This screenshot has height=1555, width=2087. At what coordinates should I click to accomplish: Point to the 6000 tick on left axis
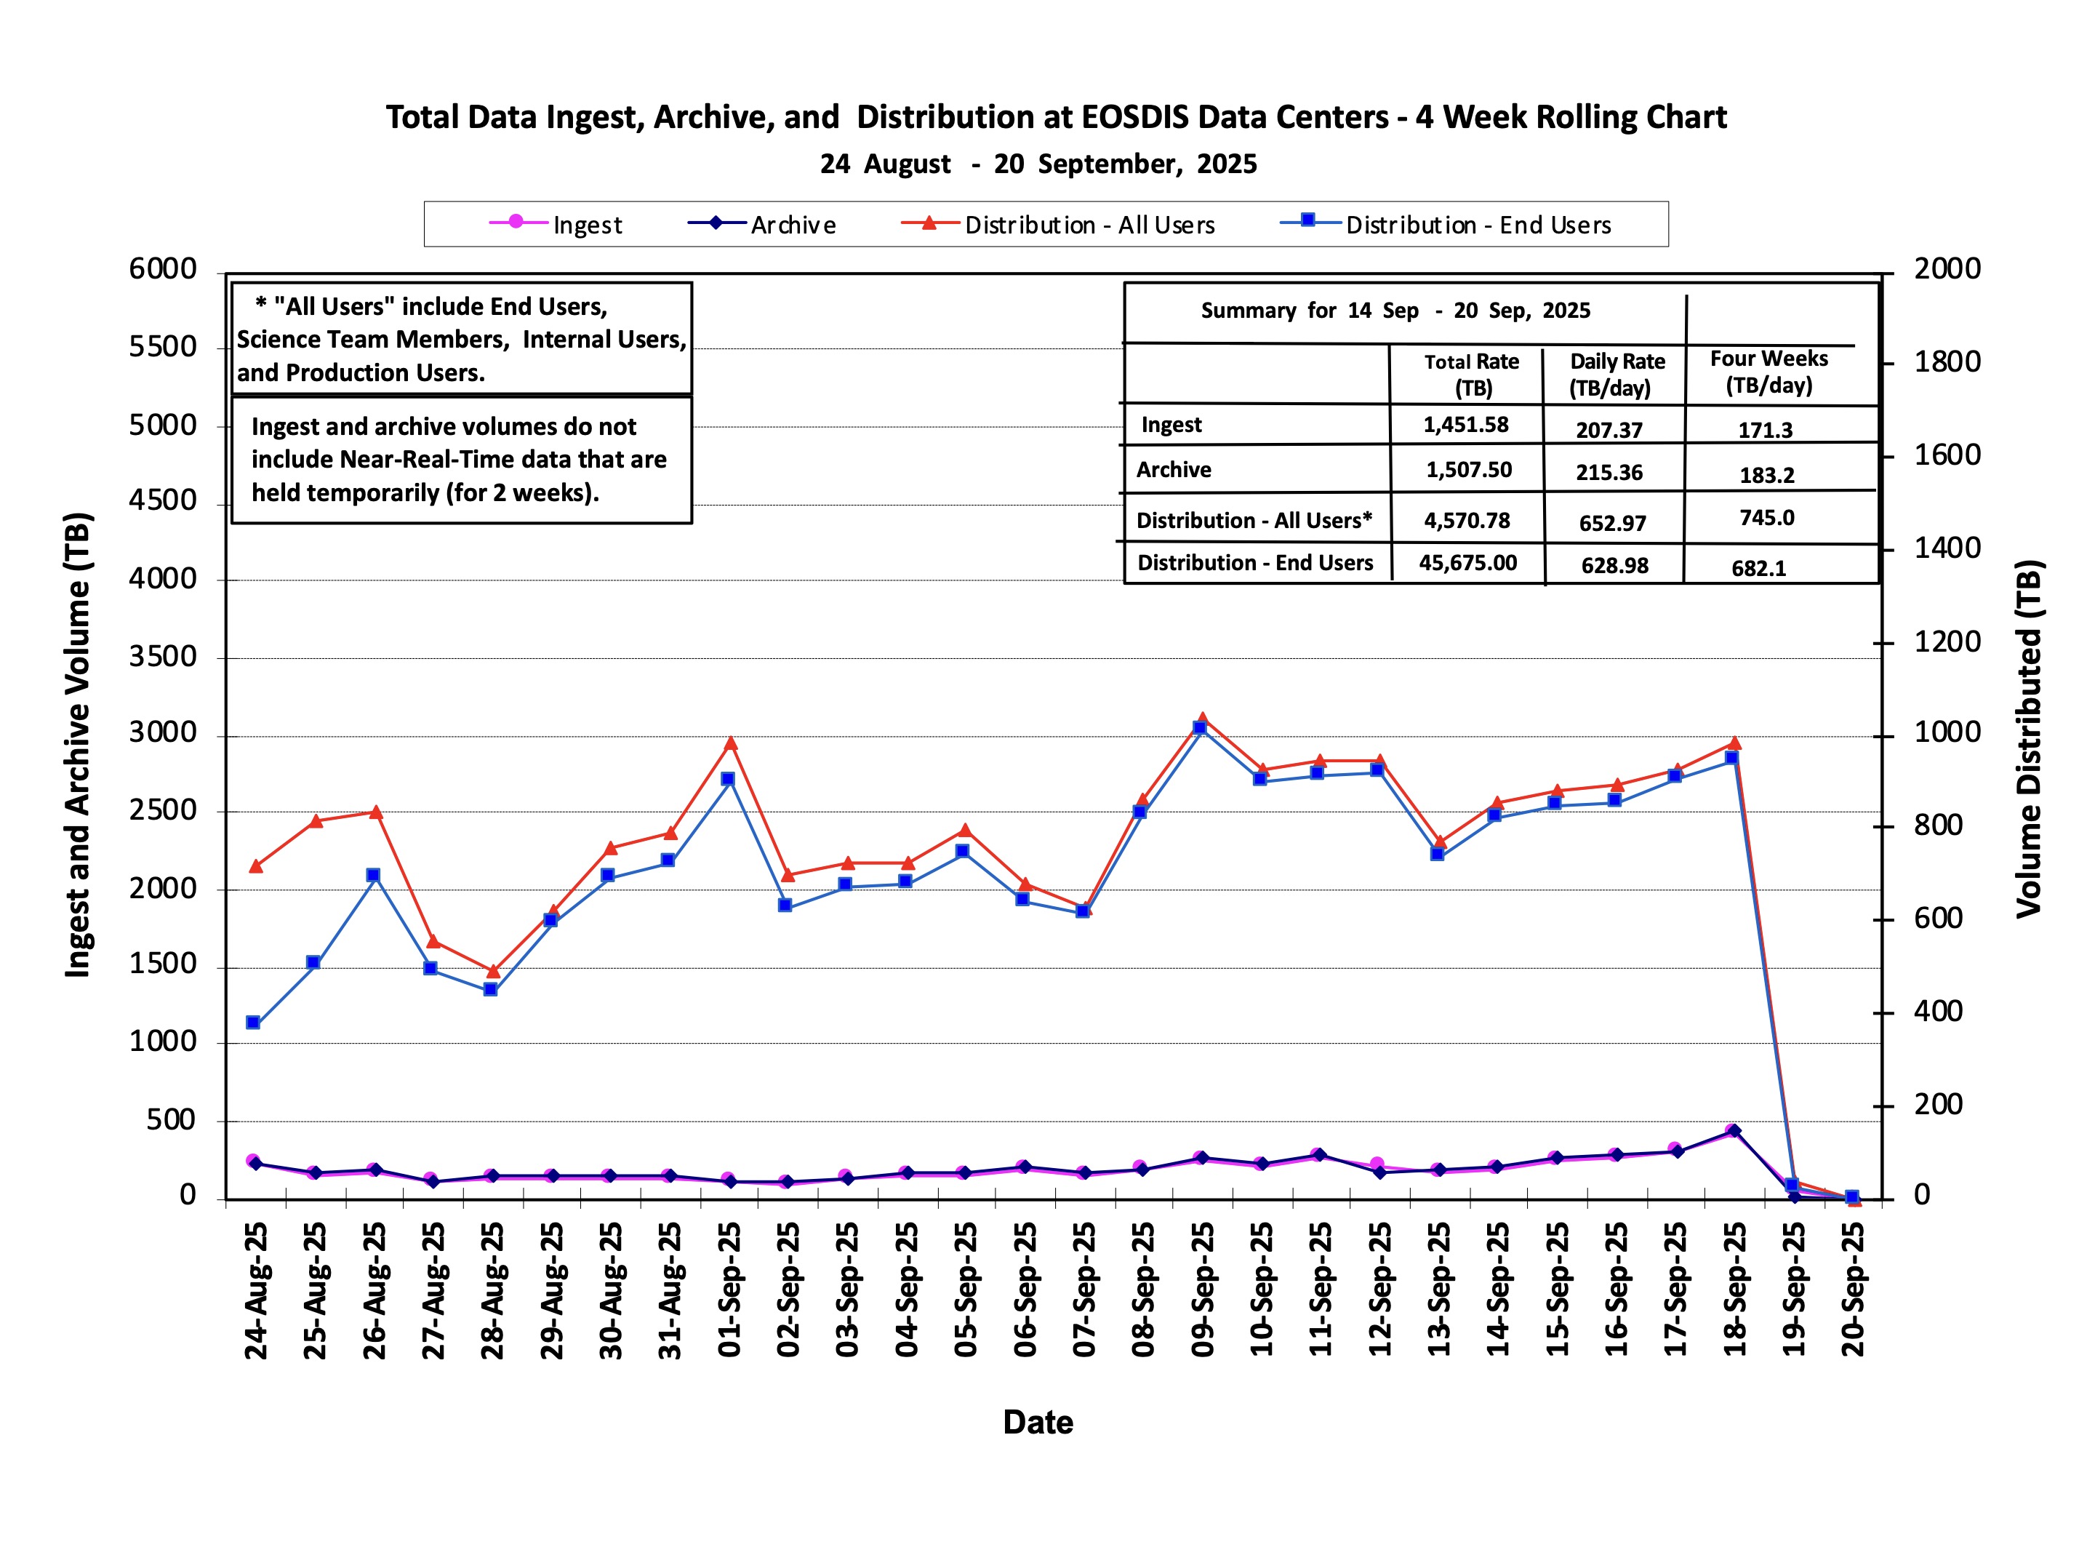click(163, 269)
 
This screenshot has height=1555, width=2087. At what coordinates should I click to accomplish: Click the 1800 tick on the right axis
click(1947, 361)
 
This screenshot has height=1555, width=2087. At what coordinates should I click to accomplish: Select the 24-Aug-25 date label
click(256, 1290)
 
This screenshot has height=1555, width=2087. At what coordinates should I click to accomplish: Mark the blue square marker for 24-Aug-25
click(253, 1022)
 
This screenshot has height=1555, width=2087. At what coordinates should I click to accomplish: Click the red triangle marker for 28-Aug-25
click(493, 970)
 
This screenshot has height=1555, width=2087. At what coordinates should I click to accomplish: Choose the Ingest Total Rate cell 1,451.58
click(1465, 425)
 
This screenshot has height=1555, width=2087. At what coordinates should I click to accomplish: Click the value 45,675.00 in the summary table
click(1467, 563)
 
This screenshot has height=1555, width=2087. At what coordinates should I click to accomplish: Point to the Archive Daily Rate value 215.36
click(1609, 473)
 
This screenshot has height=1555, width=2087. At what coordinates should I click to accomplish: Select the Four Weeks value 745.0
click(1766, 518)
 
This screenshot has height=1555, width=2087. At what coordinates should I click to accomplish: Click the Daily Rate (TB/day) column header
click(1617, 375)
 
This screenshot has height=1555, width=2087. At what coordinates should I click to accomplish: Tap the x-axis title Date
click(1037, 1423)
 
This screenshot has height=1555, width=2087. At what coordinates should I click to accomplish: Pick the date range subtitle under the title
click(1038, 164)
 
